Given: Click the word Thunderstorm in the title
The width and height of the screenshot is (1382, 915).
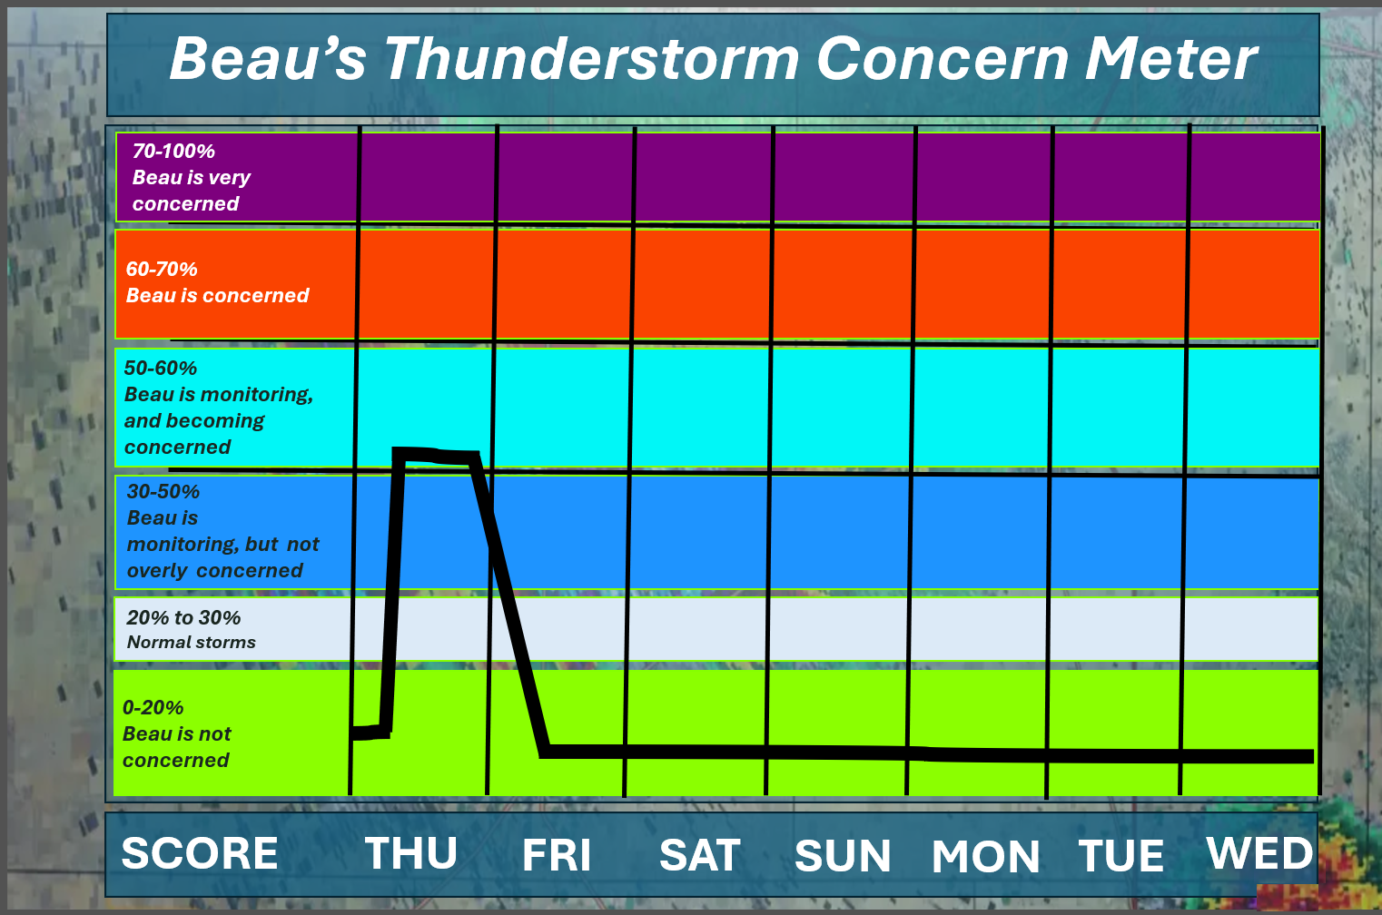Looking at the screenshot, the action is pyautogui.click(x=592, y=59).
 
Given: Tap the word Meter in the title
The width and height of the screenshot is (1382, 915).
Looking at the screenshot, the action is pyautogui.click(x=1170, y=59).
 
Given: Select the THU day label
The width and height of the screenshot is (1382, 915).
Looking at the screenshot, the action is pyautogui.click(x=411, y=853).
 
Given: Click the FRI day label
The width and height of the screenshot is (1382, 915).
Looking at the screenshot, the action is pyautogui.click(x=557, y=855).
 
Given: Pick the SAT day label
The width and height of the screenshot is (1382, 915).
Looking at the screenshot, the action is pyautogui.click(x=700, y=855).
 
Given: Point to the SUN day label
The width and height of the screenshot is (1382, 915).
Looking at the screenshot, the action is pyautogui.click(x=843, y=856).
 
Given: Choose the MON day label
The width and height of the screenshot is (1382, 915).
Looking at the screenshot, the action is pyautogui.click(x=985, y=856).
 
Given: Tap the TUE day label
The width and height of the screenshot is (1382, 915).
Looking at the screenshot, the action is pyautogui.click(x=1121, y=856).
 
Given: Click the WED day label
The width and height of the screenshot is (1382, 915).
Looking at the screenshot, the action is pyautogui.click(x=1259, y=853).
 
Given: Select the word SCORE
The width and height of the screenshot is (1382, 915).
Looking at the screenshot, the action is pyautogui.click(x=199, y=853).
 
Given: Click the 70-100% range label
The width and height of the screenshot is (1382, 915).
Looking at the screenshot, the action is pyautogui.click(x=173, y=151).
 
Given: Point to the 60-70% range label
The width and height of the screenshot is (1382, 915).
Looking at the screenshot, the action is pyautogui.click(x=162, y=269).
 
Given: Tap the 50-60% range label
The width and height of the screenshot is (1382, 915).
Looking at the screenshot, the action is pyautogui.click(x=161, y=369).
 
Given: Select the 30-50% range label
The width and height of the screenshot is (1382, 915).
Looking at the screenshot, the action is pyautogui.click(x=163, y=491).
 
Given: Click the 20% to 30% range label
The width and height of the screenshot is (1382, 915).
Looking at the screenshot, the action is pyautogui.click(x=183, y=618).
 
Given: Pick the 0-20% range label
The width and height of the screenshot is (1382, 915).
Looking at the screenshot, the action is pyautogui.click(x=153, y=707).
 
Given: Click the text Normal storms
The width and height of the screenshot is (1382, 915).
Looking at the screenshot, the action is pyautogui.click(x=192, y=643).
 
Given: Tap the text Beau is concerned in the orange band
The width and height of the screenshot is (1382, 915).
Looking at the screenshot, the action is pyautogui.click(x=217, y=295).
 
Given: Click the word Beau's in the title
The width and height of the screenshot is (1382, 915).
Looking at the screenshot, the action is pyautogui.click(x=269, y=59).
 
